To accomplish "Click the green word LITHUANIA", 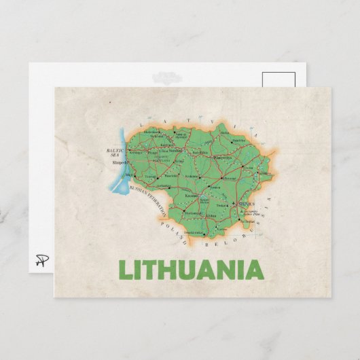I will [x=191, y=270].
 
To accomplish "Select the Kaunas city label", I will [x=192, y=195].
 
